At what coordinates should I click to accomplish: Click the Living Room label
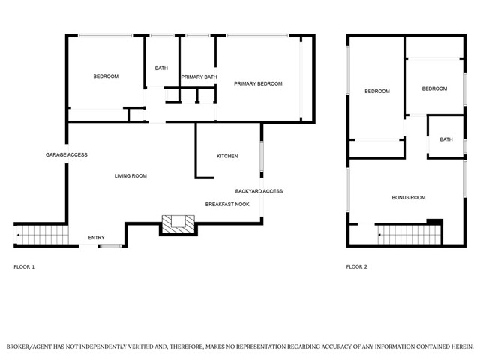[130, 176]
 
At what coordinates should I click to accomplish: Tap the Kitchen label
[227, 156]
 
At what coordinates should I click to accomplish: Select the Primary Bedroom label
[258, 83]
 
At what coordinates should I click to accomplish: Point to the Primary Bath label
[199, 76]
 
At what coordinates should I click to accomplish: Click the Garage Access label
[67, 155]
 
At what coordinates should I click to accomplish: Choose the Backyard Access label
[259, 191]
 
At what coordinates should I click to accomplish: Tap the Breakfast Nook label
[227, 205]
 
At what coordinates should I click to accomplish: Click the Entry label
[97, 238]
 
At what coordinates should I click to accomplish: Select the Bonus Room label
[409, 198]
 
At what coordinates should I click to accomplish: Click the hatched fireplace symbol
[178, 224]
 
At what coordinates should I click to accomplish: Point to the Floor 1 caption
[24, 267]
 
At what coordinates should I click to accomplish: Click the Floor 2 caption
[357, 267]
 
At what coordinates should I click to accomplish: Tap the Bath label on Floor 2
[446, 139]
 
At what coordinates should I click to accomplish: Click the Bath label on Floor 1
[161, 68]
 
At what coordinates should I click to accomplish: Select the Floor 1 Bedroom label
[106, 76]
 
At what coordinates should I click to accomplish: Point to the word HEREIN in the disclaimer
[463, 346]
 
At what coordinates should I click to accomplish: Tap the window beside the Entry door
[111, 245]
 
